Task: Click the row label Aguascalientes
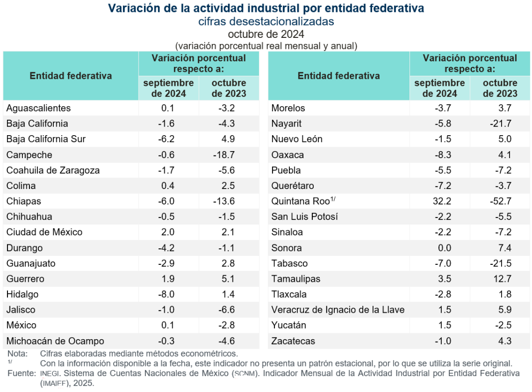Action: point(38,108)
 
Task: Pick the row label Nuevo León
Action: point(296,139)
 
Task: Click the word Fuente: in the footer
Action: point(21,373)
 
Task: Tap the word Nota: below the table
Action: point(18,354)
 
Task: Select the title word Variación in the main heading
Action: point(133,8)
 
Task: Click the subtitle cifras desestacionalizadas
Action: point(266,21)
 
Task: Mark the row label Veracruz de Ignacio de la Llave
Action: point(338,310)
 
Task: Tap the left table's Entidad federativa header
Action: point(71,76)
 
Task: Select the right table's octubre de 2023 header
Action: point(500,88)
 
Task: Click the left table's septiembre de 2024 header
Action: point(168,88)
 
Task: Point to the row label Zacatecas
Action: point(293,341)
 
